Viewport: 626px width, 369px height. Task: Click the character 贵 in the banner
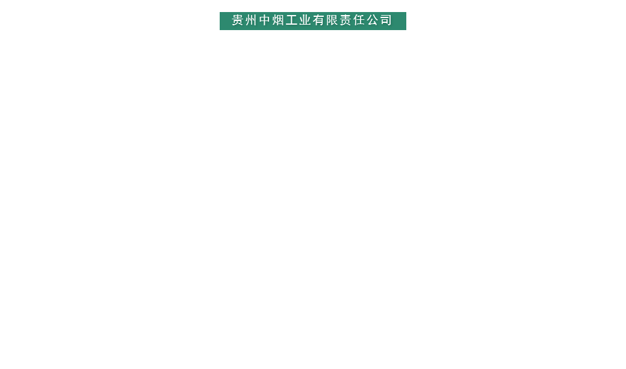tap(238, 20)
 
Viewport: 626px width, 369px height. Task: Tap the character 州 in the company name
tap(252, 20)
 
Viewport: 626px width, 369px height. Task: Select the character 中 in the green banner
tap(265, 20)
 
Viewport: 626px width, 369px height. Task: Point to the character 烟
tap(279, 20)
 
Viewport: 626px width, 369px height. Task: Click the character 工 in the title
tap(292, 20)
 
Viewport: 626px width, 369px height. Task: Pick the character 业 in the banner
tap(305, 20)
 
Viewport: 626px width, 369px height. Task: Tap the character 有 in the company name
tap(319, 20)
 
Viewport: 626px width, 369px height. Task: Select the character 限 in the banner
tap(332, 20)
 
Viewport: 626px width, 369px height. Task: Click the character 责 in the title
tap(346, 20)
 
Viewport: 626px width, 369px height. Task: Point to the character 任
tap(359, 20)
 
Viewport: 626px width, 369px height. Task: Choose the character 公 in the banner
tap(373, 20)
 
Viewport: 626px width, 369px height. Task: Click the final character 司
tap(386, 20)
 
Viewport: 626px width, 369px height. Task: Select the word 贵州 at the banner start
tap(245, 20)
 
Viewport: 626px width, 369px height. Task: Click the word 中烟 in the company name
tap(272, 20)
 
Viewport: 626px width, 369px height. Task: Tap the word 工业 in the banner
tap(299, 20)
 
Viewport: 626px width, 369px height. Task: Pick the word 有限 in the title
tap(326, 20)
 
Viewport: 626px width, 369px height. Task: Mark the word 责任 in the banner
tap(353, 20)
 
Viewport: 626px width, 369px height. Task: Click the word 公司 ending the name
tap(380, 20)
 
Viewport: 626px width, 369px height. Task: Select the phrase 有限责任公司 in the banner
tap(353, 20)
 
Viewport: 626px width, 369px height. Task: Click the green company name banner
tap(312, 20)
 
